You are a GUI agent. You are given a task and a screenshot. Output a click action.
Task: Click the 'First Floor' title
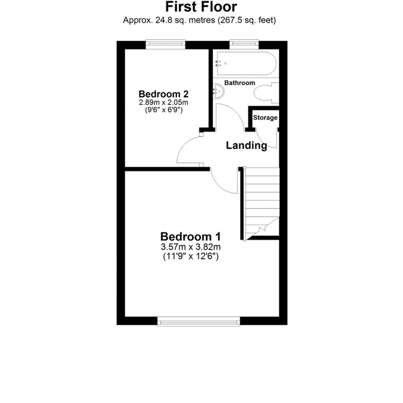pos(201,7)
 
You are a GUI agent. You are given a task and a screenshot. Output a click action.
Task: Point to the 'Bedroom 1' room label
pos(190,237)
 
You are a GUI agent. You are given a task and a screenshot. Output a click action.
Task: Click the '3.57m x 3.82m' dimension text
pos(191,248)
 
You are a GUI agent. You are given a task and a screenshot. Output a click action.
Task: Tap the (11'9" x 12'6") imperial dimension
pos(191,257)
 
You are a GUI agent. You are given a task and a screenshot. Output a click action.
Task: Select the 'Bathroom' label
pos(240,83)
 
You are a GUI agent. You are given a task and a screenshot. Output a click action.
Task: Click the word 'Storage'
pos(265,118)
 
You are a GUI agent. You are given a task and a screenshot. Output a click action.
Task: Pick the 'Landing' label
pos(246,145)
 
